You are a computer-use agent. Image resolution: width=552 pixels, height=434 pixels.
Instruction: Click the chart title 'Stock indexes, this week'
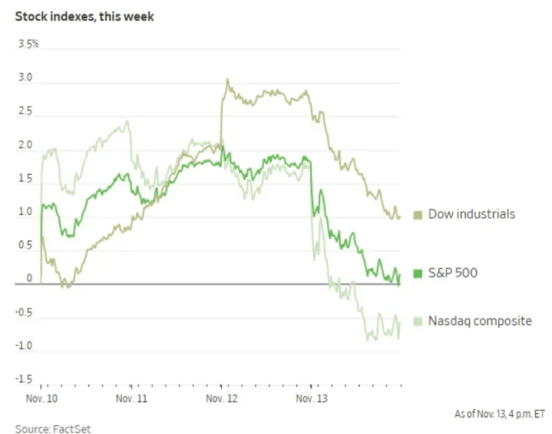pyautogui.click(x=85, y=15)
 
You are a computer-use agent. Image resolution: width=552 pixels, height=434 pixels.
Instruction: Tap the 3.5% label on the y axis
pyautogui.click(x=29, y=44)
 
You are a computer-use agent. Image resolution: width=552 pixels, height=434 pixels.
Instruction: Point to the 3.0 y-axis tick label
pyautogui.click(x=25, y=77)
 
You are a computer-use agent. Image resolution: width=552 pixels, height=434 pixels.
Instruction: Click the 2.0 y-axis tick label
pyautogui.click(x=25, y=145)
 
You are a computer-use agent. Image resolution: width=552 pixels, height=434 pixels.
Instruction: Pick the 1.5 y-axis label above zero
pyautogui.click(x=25, y=178)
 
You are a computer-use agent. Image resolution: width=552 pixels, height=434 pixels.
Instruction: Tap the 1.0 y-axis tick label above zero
pyautogui.click(x=25, y=212)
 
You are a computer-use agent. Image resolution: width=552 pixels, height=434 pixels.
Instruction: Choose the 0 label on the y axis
pyautogui.click(x=29, y=279)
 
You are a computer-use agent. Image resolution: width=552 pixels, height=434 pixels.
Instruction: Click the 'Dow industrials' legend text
pyautogui.click(x=471, y=214)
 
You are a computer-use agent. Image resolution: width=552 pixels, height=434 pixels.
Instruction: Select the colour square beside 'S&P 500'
pyautogui.click(x=418, y=273)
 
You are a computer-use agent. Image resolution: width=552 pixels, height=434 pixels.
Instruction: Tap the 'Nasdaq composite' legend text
pyautogui.click(x=479, y=321)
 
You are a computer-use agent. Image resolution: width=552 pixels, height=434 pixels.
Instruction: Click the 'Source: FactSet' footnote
pyautogui.click(x=53, y=428)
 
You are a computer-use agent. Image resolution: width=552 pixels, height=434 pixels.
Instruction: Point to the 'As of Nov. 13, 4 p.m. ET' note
pyautogui.click(x=499, y=414)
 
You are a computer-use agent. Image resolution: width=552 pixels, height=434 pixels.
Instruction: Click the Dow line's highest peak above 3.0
pyautogui.click(x=227, y=79)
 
